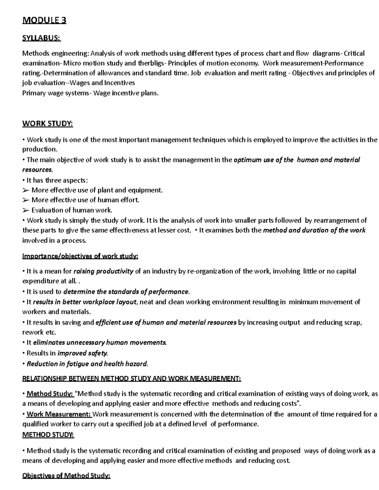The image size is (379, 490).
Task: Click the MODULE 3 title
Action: click(x=44, y=21)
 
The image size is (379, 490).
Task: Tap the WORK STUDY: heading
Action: click(x=47, y=124)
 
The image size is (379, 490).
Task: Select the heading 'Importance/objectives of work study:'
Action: click(x=80, y=256)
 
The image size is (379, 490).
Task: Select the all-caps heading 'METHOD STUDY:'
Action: click(x=48, y=435)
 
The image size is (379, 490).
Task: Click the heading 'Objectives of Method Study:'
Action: click(x=66, y=476)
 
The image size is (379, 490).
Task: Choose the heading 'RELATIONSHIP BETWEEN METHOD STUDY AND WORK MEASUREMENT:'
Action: click(x=131, y=379)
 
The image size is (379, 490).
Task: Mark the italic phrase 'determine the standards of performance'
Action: click(x=126, y=292)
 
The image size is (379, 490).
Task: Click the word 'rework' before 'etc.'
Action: click(x=33, y=332)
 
